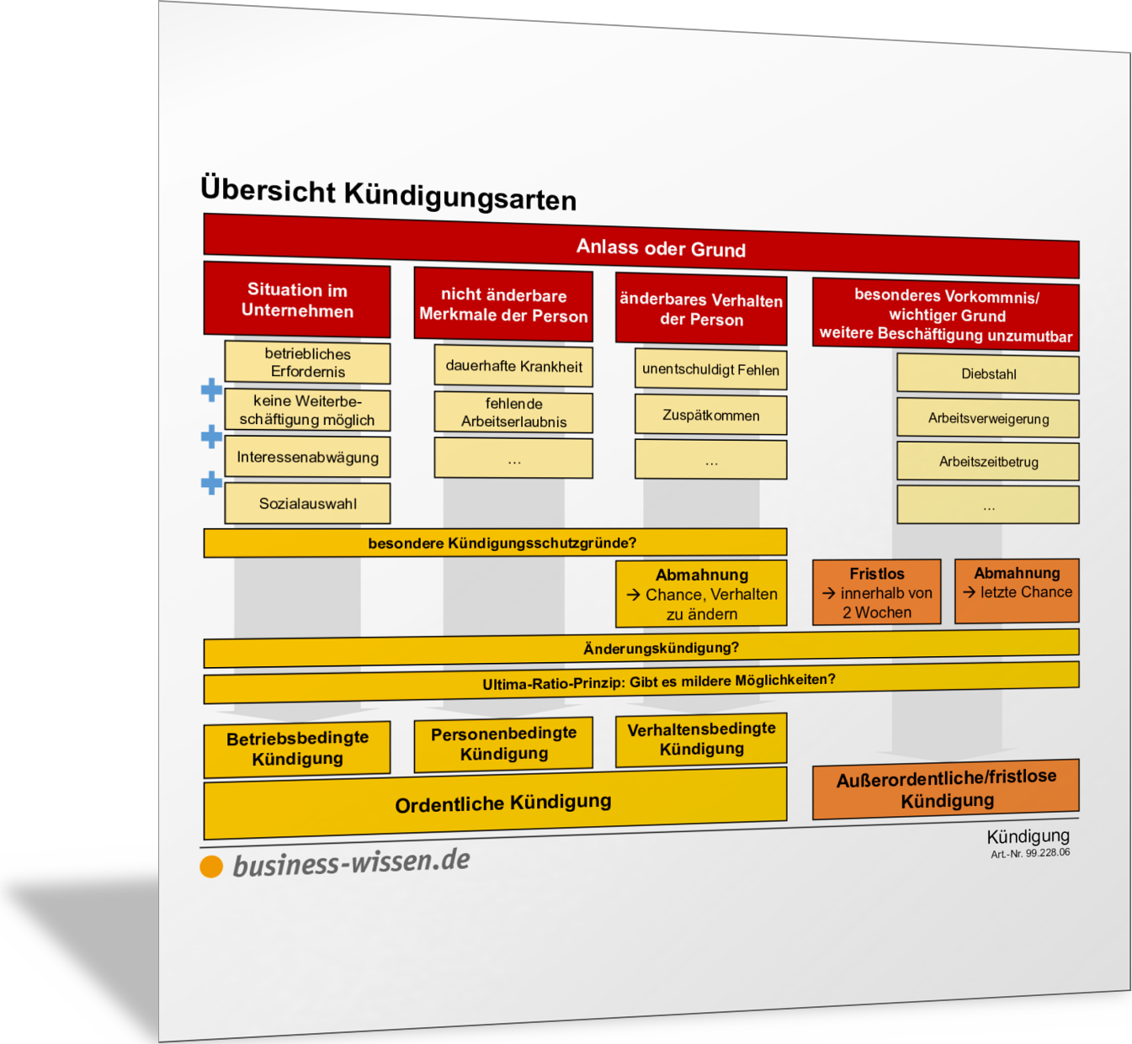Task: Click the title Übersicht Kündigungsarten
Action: pos(388,193)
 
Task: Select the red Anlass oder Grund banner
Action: pos(641,246)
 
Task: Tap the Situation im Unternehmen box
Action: pos(297,299)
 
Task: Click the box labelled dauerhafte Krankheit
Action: pos(513,366)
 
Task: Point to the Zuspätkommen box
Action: pos(711,415)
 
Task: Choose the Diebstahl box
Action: pos(988,374)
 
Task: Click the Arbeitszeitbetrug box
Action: pos(988,462)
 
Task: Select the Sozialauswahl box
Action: pos(307,503)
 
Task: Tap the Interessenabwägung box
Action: pos(307,457)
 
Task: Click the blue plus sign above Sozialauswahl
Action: pos(211,483)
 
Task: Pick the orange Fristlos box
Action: pos(877,592)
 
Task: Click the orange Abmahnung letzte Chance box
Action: pos(1017,591)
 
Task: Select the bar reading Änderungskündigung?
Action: pos(641,649)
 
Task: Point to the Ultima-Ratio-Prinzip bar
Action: pos(641,682)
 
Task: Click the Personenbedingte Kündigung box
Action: pos(503,744)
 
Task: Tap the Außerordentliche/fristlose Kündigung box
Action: pos(946,789)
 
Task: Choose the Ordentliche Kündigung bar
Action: pos(496,803)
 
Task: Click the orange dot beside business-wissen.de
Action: pos(211,866)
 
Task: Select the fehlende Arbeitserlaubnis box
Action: pos(513,412)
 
